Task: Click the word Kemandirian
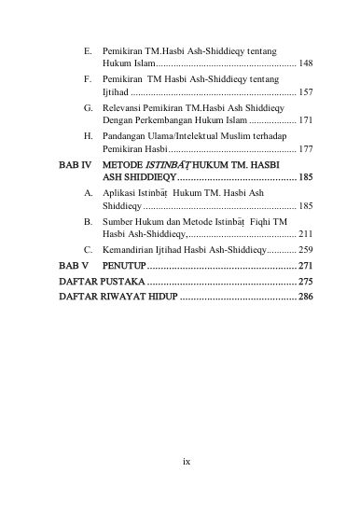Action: click(129, 250)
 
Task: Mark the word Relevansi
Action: click(123, 107)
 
